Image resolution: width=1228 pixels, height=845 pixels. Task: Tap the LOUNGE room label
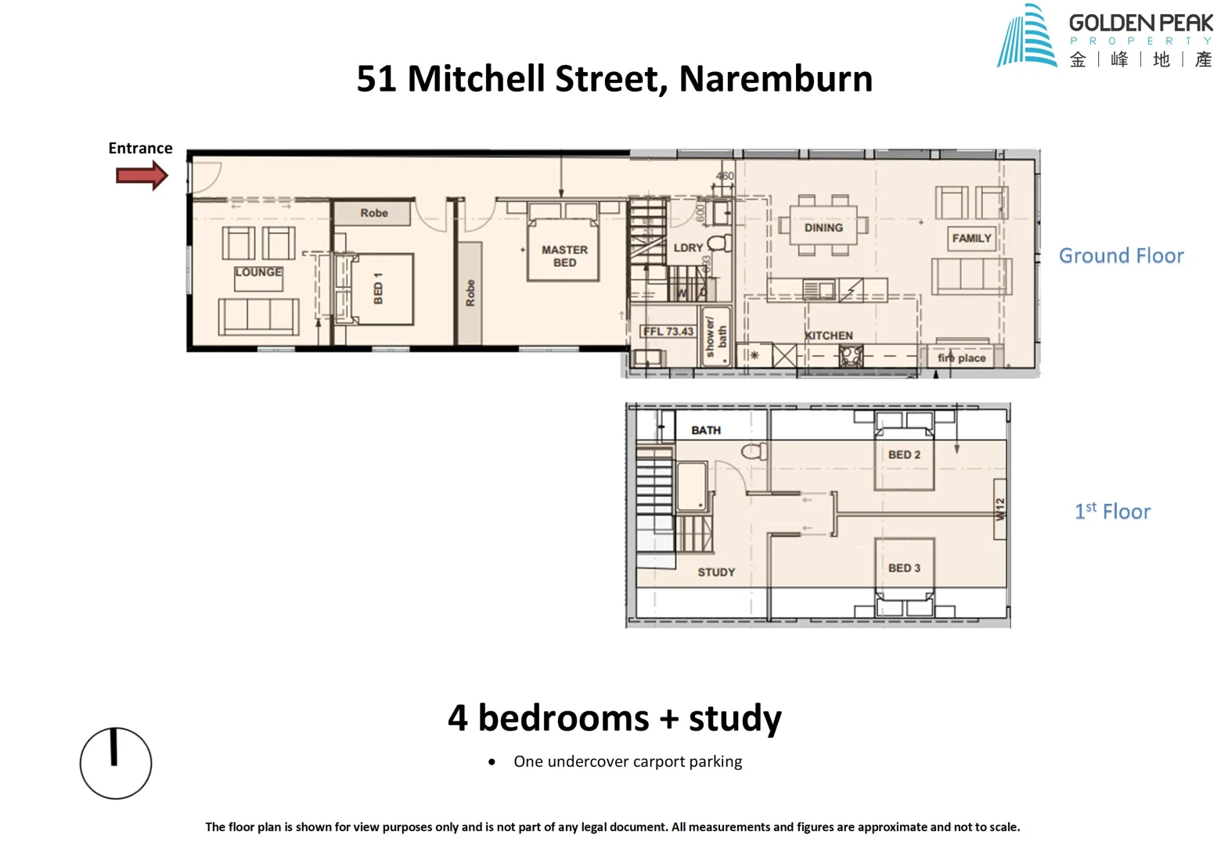pos(258,272)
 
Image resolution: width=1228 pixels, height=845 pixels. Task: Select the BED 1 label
pos(378,288)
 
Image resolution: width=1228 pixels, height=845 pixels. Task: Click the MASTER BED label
pos(564,256)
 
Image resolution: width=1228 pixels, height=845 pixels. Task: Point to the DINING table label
pos(823,228)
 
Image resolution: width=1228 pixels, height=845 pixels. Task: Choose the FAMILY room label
pos(971,238)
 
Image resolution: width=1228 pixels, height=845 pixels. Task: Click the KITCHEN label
pos(829,336)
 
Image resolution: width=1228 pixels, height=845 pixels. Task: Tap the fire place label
pos(962,358)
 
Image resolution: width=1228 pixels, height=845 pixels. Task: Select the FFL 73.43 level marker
pos(668,331)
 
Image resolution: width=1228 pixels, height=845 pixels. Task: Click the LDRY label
pos(688,247)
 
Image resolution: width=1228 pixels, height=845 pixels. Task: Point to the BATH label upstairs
pos(706,430)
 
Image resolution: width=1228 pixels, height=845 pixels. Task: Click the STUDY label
pos(716,572)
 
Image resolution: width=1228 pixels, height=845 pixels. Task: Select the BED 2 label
pos(904,455)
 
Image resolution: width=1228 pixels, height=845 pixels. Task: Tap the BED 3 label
pos(904,568)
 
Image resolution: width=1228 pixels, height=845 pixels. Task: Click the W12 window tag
pos(999,509)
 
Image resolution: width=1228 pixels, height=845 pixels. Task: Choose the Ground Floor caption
pos(1121,256)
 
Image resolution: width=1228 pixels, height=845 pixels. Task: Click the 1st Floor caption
pos(1112,512)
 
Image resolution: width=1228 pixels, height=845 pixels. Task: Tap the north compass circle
pos(116,763)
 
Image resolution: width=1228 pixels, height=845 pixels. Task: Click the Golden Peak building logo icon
pos(1026,37)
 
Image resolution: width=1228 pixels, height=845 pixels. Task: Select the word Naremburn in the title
pos(775,78)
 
